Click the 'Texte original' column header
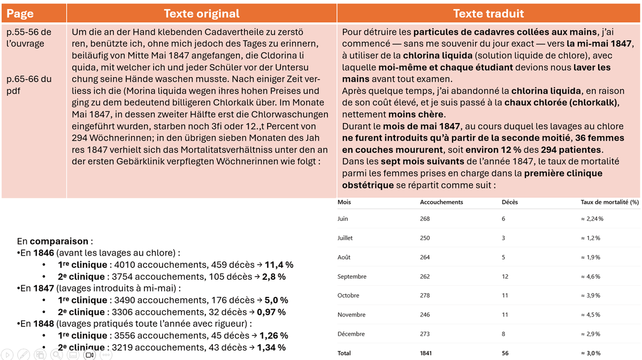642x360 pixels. pyautogui.click(x=201, y=14)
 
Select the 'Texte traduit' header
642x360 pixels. pyautogui.click(x=488, y=14)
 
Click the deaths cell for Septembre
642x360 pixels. pyautogui.click(x=505, y=277)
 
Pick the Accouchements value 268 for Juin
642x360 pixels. pyautogui.click(x=425, y=219)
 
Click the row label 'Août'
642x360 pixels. pyautogui.click(x=344, y=257)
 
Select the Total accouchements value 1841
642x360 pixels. pyautogui.click(x=426, y=353)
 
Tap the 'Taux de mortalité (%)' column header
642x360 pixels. pyautogui.click(x=609, y=202)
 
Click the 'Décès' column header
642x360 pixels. pyautogui.click(x=509, y=202)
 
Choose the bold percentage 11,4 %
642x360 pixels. pyautogui.click(x=279, y=265)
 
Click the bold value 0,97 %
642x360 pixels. pyautogui.click(x=271, y=312)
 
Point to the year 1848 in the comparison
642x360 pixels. pyautogui.click(x=43, y=324)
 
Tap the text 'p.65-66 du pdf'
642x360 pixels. pyautogui.click(x=29, y=85)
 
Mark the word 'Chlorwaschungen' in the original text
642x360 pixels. pyautogui.click(x=294, y=114)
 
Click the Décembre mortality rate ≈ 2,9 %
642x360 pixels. pyautogui.click(x=590, y=334)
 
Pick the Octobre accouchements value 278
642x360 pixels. pyautogui.click(x=425, y=296)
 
